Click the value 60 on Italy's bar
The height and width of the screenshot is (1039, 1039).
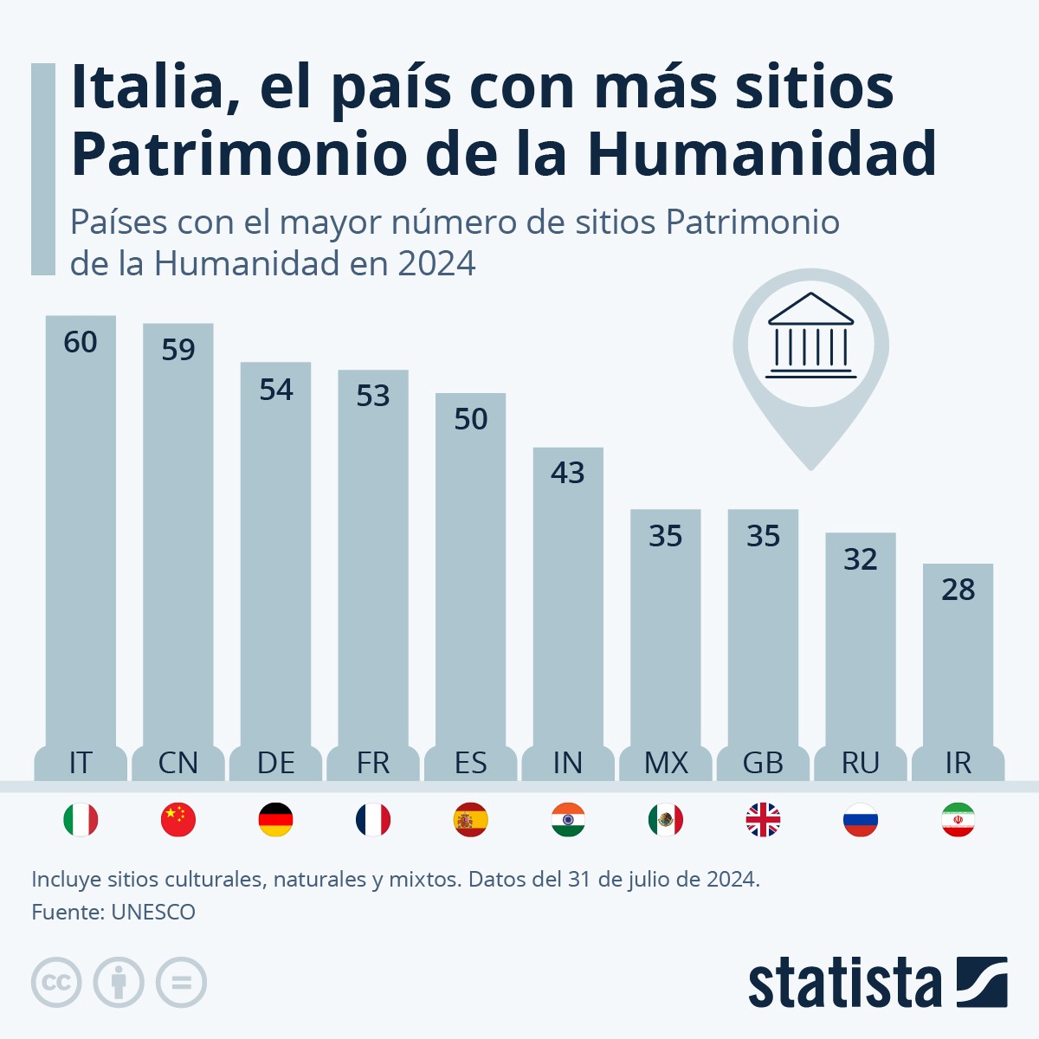pos(81,343)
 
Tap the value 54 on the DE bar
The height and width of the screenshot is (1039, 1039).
pos(276,390)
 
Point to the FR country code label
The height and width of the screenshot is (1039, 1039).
pos(373,763)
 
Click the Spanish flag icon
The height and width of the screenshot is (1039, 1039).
pos(471,820)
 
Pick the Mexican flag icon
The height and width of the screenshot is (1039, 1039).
pos(666,820)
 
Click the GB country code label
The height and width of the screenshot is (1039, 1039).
pos(763,763)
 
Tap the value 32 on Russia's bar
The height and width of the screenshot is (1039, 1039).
pos(861,559)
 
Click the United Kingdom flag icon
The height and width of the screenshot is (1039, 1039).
pos(763,820)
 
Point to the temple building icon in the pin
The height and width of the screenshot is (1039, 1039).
pos(810,336)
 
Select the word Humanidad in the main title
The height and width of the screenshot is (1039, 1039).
pos(762,154)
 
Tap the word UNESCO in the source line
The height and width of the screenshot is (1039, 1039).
pos(153,913)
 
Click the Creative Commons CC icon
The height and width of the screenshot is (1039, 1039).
pos(56,983)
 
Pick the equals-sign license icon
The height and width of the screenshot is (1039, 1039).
pos(181,983)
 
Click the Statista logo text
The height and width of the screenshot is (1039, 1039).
pos(844,984)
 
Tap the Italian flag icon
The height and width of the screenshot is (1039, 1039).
pos(81,820)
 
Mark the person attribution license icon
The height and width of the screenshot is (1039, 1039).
pos(119,983)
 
